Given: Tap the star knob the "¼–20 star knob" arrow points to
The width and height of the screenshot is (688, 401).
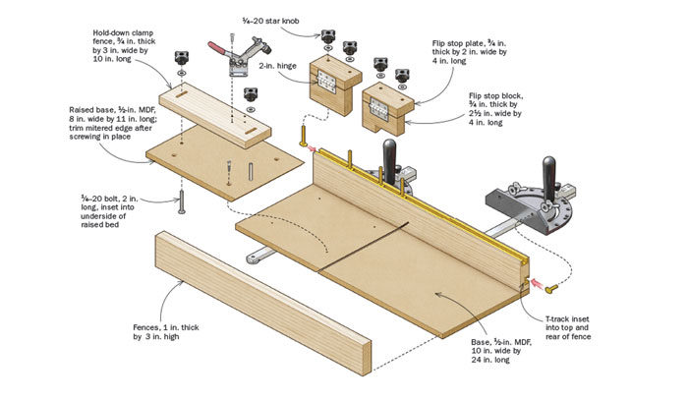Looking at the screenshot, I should pos(325,36).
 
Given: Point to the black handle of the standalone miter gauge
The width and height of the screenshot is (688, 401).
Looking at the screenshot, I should pos(548,170).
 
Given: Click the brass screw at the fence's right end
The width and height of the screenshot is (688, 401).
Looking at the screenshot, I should pos(553,287).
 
